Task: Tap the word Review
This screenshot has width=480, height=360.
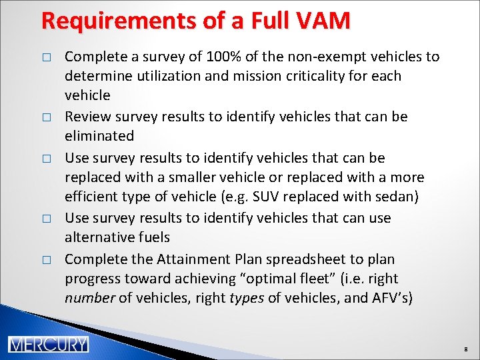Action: click(x=85, y=117)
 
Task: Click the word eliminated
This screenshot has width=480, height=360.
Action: click(x=99, y=136)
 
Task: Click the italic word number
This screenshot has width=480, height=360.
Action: click(x=90, y=298)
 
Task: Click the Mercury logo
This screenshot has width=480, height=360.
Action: click(x=48, y=344)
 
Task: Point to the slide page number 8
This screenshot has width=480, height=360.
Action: click(x=466, y=348)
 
